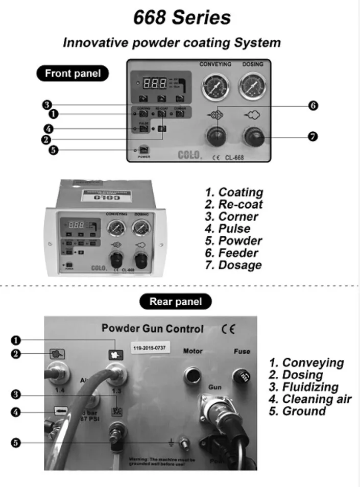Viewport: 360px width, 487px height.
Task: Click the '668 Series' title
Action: (182, 18)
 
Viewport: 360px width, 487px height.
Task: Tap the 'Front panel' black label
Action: (73, 74)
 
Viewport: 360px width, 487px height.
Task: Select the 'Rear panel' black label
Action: (175, 302)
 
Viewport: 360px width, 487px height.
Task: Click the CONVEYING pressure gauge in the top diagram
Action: (215, 86)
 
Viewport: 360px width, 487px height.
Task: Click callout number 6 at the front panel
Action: (313, 106)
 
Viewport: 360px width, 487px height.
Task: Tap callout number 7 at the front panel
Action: (313, 136)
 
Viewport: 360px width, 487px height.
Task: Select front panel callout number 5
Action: (53, 150)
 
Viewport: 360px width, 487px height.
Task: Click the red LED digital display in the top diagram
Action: (156, 84)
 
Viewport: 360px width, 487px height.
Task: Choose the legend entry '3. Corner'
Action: (231, 216)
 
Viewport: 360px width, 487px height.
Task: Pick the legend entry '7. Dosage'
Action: (233, 265)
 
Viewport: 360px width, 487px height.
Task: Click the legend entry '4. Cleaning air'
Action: (310, 399)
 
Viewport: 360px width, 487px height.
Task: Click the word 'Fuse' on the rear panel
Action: (242, 351)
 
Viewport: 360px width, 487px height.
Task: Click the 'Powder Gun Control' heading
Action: (152, 329)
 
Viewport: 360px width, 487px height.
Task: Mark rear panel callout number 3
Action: (16, 394)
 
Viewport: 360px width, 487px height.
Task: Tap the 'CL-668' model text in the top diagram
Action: (234, 158)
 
